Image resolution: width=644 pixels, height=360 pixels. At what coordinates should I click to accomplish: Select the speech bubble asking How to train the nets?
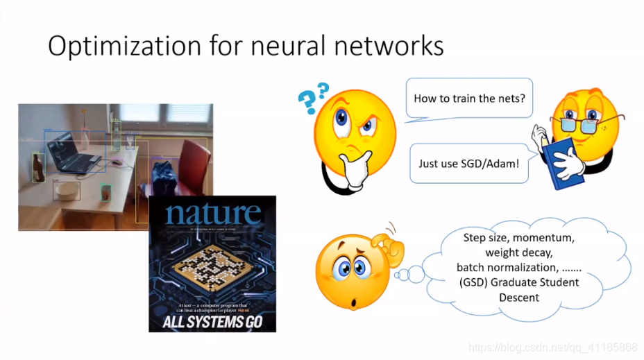(469, 98)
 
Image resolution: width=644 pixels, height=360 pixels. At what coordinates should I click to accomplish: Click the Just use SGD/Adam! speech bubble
(468, 164)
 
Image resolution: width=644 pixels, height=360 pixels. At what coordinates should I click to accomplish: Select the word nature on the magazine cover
(213, 212)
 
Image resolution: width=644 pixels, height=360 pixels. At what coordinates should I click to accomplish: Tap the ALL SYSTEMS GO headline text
(212, 322)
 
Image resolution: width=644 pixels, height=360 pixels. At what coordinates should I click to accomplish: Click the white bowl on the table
(67, 189)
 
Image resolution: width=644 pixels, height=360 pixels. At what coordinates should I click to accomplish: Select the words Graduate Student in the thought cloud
(535, 282)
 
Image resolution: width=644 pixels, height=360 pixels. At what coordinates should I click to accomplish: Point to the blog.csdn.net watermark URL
(552, 346)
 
